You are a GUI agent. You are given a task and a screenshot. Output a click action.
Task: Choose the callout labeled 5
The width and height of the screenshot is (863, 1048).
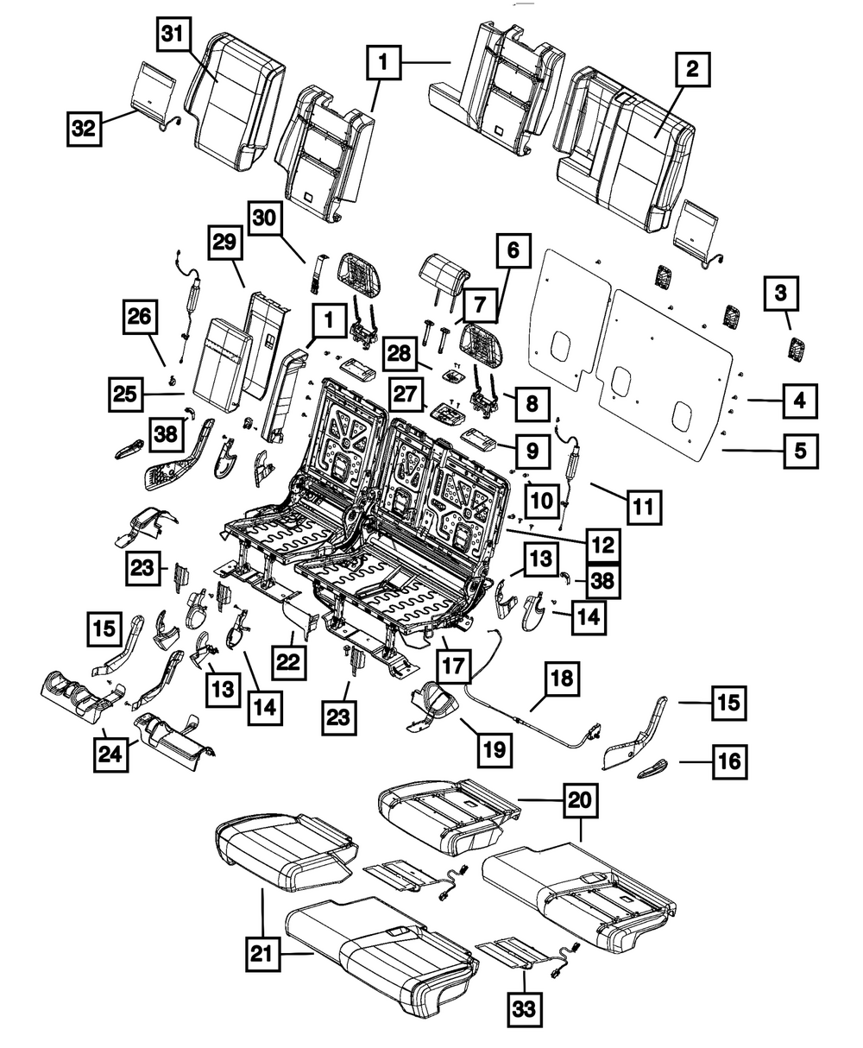pos(801,450)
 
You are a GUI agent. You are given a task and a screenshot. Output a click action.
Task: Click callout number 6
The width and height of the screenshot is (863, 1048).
pos(513,252)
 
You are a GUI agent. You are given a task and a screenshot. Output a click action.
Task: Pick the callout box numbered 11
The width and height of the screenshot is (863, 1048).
pos(644,506)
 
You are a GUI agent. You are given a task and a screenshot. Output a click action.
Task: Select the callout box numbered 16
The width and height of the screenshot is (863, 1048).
pos(730,762)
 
